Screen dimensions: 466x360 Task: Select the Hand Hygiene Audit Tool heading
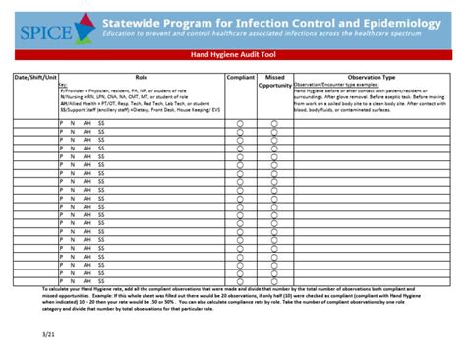(233, 58)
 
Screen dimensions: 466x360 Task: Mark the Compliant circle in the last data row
(240, 280)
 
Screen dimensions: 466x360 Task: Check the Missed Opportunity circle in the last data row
(275, 280)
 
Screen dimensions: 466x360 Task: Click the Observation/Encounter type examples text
(333, 84)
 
